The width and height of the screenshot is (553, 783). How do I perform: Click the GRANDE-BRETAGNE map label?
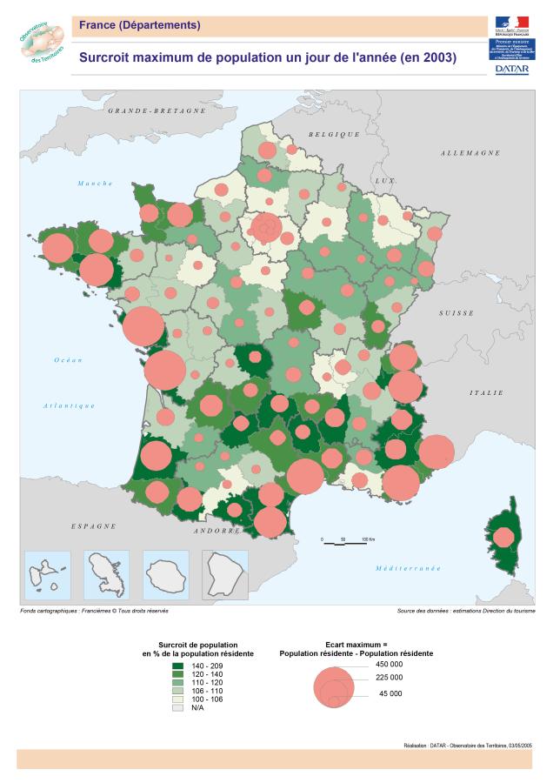(157, 111)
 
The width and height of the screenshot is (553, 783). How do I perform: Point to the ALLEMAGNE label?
(470, 153)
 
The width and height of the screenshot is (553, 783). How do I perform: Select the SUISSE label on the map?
(456, 311)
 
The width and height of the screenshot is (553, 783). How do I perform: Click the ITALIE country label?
(486, 392)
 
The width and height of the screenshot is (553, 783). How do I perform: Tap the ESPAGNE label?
(93, 526)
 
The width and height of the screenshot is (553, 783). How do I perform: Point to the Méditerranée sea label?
(408, 568)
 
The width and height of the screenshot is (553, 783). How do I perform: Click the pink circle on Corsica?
(503, 538)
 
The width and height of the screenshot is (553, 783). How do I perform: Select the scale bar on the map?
(343, 539)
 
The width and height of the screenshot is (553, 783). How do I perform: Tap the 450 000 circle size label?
(390, 664)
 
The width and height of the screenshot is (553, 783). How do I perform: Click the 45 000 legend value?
(390, 693)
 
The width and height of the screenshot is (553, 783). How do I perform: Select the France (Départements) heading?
(139, 25)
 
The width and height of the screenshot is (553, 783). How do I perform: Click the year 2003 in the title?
(437, 57)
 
